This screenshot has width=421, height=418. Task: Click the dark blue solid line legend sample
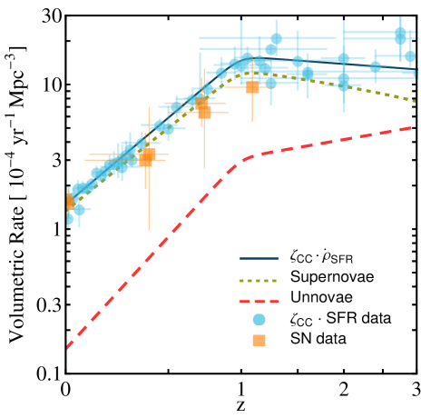(259, 258)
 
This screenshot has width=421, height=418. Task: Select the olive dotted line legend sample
(259, 281)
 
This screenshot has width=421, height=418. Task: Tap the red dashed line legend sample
(259, 301)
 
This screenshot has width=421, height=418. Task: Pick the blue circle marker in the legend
(259, 319)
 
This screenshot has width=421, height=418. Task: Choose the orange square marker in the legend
(259, 340)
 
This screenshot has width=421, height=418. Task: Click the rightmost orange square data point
(252, 87)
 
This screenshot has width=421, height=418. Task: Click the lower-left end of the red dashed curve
(68, 346)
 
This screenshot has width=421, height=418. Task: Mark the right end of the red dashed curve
(414, 127)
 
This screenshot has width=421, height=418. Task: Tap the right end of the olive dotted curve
(415, 101)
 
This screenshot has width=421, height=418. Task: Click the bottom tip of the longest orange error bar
(149, 230)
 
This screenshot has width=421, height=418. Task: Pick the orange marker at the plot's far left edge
(70, 202)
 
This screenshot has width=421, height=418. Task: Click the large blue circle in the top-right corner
(400, 34)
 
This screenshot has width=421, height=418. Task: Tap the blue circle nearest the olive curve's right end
(409, 56)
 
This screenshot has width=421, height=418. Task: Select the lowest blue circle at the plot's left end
(68, 219)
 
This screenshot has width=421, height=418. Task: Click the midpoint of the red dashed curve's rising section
(154, 252)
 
